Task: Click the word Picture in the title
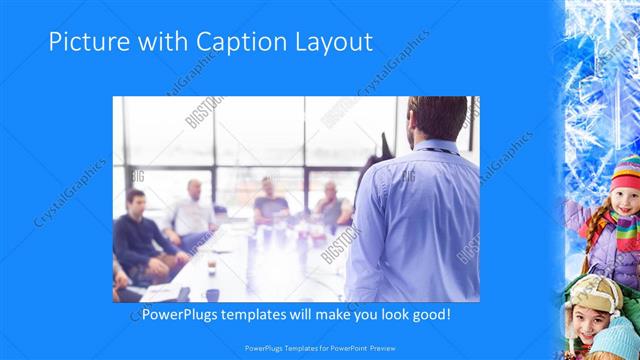[x=85, y=43]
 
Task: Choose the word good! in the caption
[x=444, y=314]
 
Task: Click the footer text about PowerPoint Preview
[x=319, y=348]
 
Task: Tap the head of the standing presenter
[x=437, y=118]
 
